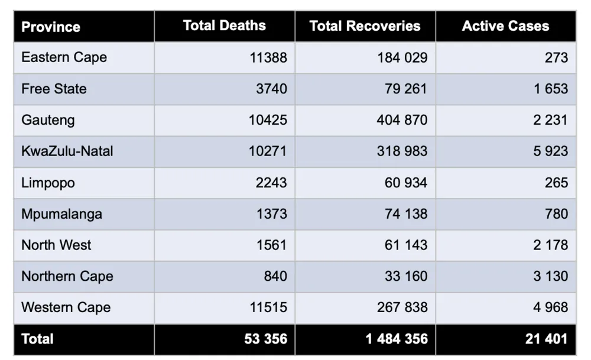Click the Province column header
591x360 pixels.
50,27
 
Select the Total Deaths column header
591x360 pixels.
224,25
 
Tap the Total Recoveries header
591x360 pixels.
365,25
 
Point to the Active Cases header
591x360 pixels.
505,25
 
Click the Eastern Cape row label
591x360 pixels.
64,58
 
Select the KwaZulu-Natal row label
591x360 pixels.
67,151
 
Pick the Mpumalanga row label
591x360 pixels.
61,215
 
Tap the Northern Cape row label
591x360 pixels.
67,277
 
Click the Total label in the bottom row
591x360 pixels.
37,339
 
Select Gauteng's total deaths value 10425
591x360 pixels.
268,120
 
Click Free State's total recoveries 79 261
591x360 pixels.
406,89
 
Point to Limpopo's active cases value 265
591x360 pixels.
556,183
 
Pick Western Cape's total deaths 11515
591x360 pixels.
268,307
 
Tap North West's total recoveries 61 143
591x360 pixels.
406,245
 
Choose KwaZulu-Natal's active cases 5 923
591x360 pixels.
550,151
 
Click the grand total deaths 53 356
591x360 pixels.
266,339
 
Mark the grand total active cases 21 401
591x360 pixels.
547,339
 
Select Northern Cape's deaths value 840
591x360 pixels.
275,276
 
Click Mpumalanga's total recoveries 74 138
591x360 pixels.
406,214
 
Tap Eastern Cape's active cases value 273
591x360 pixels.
556,58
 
